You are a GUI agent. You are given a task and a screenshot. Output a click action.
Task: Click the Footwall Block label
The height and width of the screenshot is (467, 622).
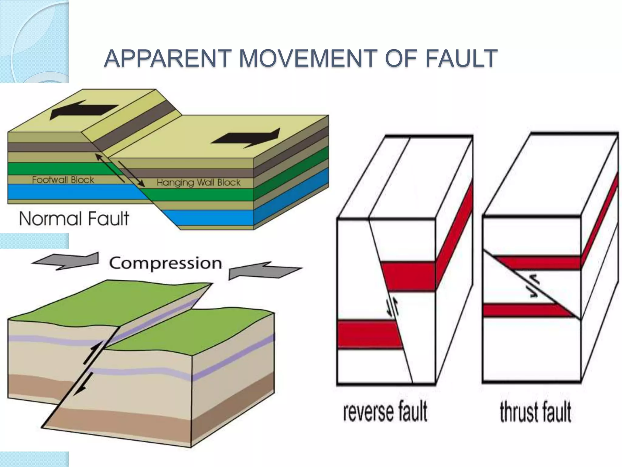63,180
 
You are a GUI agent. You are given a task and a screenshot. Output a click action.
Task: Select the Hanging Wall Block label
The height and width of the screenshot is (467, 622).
198,182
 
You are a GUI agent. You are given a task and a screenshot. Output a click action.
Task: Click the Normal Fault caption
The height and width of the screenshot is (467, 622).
74,219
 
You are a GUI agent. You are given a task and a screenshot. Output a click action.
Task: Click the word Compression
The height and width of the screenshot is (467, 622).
166,263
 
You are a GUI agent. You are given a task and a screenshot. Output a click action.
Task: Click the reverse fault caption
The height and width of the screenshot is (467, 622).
385,412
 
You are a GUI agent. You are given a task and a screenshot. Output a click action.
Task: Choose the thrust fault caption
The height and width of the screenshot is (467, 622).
535,412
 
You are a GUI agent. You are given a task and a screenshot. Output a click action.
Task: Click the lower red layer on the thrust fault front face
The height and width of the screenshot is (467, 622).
522,310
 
